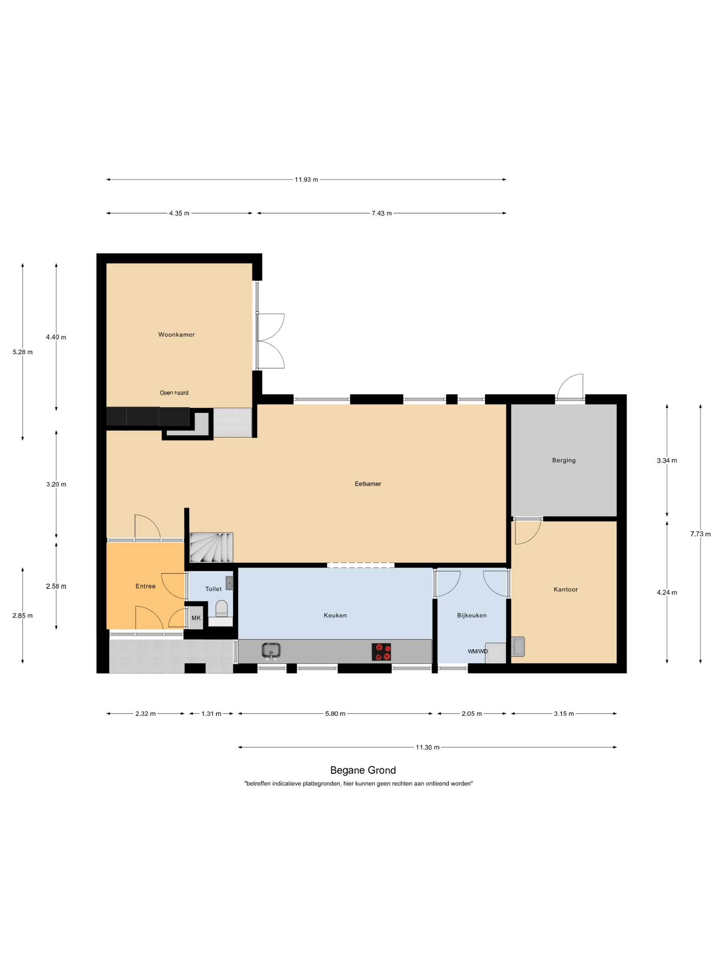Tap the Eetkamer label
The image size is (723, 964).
tap(368, 483)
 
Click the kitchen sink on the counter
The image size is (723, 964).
tap(271, 651)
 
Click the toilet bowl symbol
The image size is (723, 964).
tap(221, 608)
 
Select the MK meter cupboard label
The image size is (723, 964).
tap(196, 618)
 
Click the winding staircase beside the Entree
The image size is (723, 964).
tap(211, 547)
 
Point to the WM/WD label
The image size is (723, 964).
tap(477, 651)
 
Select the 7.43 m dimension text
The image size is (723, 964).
tap(381, 213)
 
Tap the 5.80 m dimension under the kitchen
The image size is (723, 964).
tap(335, 713)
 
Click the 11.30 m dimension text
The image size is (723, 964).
tap(427, 747)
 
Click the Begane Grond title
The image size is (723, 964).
tap(363, 770)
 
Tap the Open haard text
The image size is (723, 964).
tap(174, 393)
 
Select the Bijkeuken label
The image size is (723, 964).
tap(472, 615)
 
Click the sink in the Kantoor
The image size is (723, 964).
tap(518, 646)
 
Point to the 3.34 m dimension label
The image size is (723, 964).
tap(667, 460)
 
